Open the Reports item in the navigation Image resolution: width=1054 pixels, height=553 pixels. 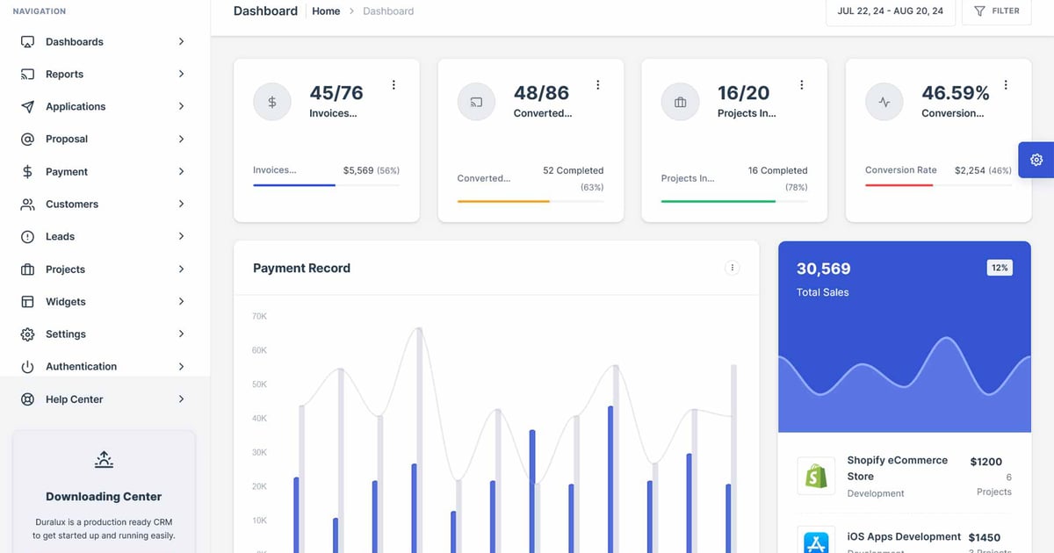64,75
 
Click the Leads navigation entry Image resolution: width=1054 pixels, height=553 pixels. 60,237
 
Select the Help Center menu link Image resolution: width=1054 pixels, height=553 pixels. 74,399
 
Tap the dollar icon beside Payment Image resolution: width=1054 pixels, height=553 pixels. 27,172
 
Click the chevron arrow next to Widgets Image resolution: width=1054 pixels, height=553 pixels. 181,302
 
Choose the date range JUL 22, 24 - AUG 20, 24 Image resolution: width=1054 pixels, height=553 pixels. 890,11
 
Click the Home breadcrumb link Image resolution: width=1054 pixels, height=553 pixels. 326,11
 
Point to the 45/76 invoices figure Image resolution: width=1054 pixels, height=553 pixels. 336,93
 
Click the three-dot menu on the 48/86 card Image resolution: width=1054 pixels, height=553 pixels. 597,85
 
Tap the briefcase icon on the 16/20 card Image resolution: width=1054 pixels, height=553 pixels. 680,103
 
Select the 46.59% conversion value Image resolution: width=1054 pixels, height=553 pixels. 955,93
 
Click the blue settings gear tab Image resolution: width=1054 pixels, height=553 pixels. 1036,160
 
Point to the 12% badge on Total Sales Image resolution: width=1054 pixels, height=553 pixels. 1000,268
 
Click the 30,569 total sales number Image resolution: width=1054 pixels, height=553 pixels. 823,269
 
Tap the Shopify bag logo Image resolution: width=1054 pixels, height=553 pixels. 816,476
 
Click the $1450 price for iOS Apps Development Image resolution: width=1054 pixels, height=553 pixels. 984,537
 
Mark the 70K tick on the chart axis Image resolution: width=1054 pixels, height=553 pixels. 259,316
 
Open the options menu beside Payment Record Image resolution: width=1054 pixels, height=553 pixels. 732,268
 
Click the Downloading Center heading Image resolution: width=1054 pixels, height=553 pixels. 104,497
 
